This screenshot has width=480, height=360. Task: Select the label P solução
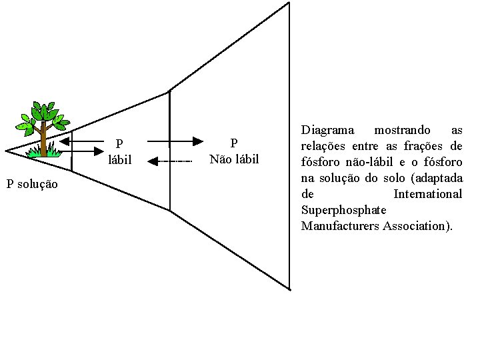pyautogui.click(x=32, y=184)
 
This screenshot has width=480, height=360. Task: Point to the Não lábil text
pyautogui.click(x=233, y=159)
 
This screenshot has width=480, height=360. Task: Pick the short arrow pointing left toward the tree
pyautogui.click(x=65, y=141)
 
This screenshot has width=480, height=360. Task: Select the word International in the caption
pyautogui.click(x=427, y=194)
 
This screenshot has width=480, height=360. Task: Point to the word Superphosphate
pyautogui.click(x=343, y=210)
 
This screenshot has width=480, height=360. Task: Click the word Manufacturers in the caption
pyautogui.click(x=339, y=226)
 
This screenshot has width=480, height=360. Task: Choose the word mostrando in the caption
pyautogui.click(x=402, y=130)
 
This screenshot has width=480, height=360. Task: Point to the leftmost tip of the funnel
pyautogui.click(x=7, y=151)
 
